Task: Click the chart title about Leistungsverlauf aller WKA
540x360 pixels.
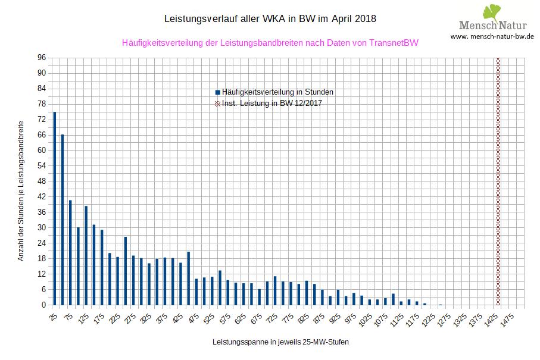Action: [x=270, y=19]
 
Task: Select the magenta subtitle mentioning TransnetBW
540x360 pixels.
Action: [x=270, y=43]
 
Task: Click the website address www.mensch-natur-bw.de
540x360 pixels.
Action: [x=492, y=36]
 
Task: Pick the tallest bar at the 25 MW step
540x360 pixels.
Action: [x=55, y=208]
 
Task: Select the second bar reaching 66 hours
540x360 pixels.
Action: [x=63, y=220]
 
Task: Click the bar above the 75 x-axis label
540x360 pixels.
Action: [x=70, y=252]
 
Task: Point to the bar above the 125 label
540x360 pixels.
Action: [x=86, y=255]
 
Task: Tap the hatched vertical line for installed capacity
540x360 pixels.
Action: [x=498, y=179]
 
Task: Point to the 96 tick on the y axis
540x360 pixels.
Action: [x=41, y=58]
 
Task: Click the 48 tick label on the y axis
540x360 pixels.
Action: [x=41, y=181]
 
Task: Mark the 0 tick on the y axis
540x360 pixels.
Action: [x=43, y=305]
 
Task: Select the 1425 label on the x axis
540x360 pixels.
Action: [x=491, y=319]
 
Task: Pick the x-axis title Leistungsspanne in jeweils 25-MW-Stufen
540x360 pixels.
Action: [x=280, y=343]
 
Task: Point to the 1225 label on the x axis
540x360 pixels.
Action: [x=427, y=319]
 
